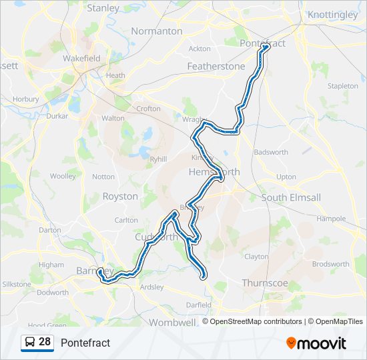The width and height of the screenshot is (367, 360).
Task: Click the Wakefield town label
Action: click(81, 58)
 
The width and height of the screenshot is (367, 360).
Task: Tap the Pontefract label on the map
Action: click(263, 43)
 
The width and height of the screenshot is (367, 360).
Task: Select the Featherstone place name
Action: click(216, 67)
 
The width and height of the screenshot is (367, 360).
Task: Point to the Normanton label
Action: click(157, 31)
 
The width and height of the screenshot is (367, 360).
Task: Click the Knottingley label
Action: click(333, 14)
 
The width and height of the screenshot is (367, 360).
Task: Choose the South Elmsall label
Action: click(291, 198)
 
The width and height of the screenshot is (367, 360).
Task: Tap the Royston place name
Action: click(120, 196)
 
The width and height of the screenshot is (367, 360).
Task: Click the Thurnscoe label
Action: click(265, 283)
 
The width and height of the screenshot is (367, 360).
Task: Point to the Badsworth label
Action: click(271, 152)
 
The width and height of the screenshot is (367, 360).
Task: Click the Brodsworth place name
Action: click(330, 264)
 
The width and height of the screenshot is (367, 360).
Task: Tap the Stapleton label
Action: click(343, 86)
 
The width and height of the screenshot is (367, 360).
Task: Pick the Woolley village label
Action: click(63, 176)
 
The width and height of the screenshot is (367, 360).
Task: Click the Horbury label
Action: click(26, 99)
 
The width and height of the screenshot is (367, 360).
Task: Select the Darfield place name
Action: click(199, 305)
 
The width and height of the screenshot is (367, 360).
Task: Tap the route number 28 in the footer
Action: click(45, 342)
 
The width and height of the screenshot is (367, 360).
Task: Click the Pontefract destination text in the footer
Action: click(85, 343)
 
